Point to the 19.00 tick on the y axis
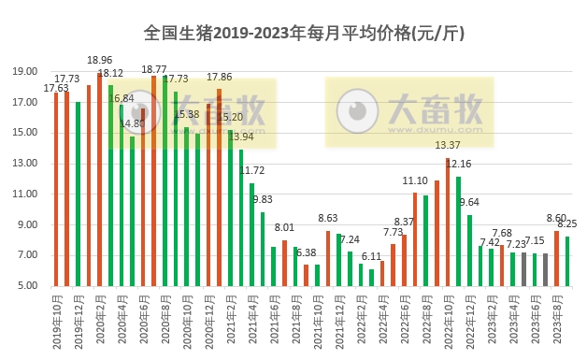25,71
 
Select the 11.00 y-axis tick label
25,194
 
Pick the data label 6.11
371,255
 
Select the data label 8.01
284,227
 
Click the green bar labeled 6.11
371,278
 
